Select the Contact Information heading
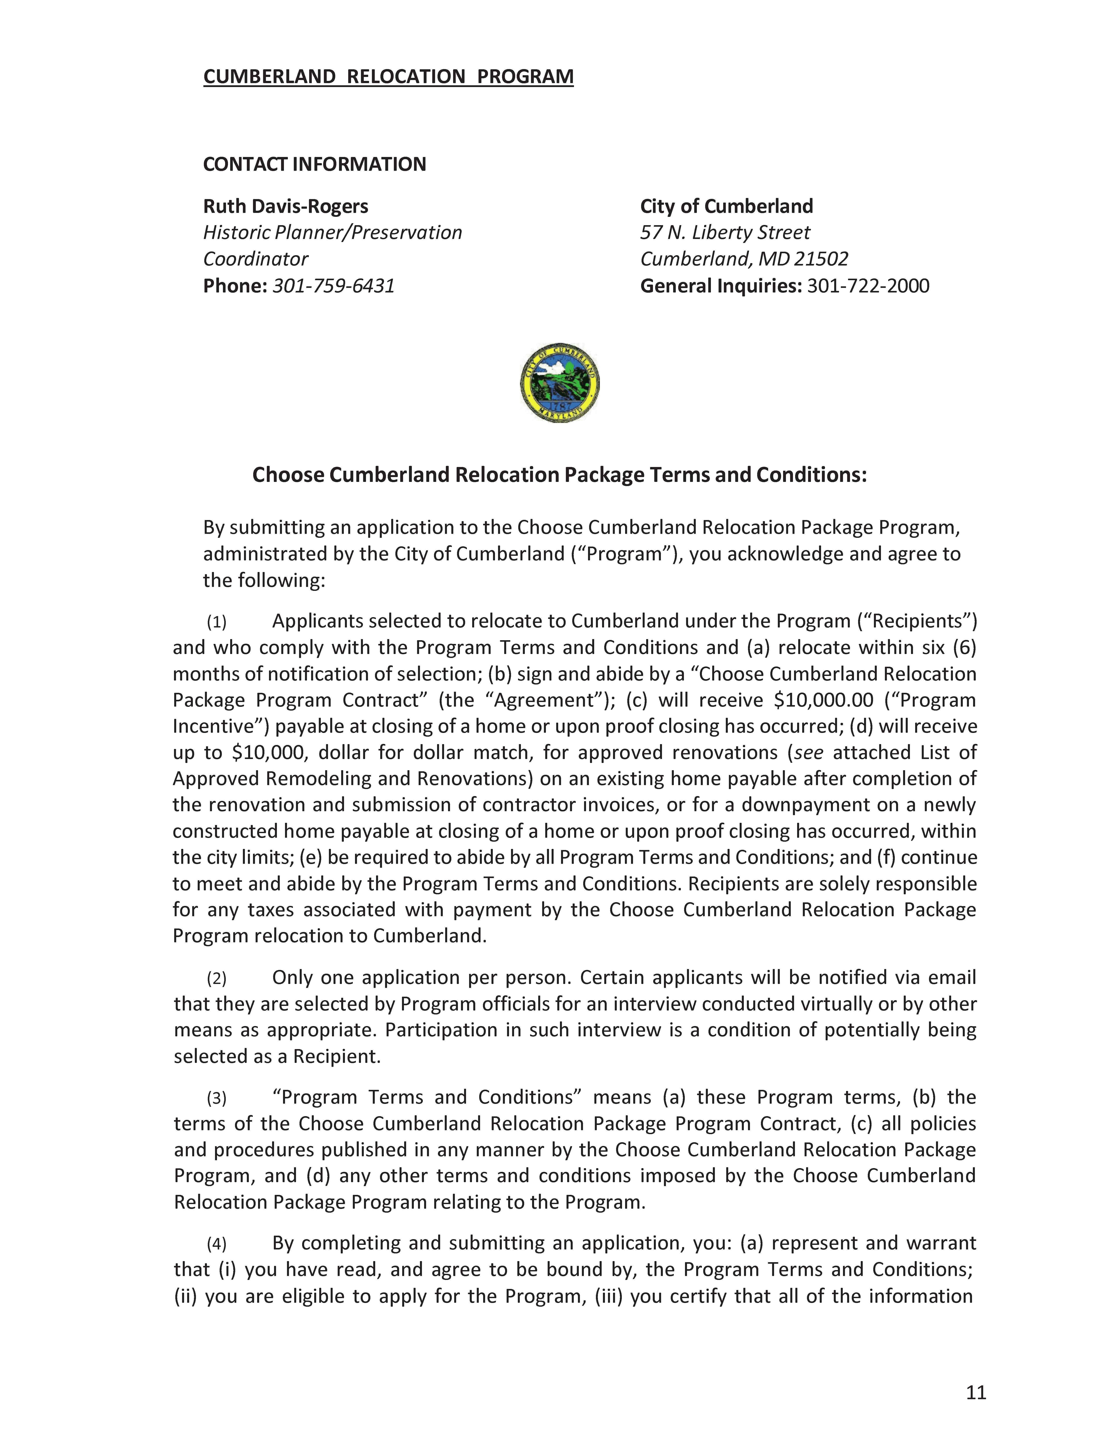(x=314, y=164)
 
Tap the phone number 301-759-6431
(x=334, y=285)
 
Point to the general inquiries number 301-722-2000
(x=868, y=285)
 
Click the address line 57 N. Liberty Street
(x=724, y=233)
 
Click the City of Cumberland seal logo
(x=559, y=383)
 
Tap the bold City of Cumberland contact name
(x=726, y=207)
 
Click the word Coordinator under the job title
(x=255, y=259)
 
